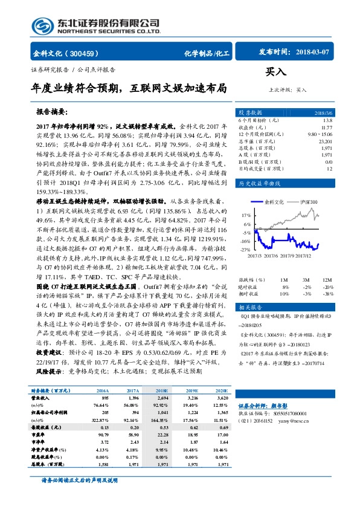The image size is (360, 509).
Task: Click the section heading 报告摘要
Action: (53, 112)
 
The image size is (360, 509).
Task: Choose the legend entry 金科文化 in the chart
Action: (274, 202)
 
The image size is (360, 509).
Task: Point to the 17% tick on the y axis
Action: (246, 215)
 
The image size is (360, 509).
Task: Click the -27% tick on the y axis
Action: (245, 249)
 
